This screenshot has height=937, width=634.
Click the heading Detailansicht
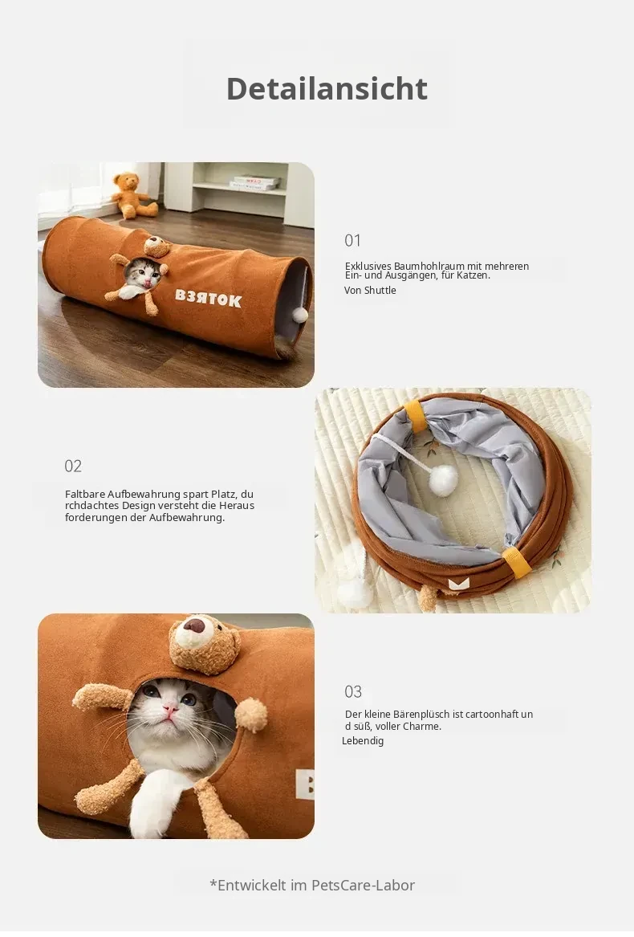coord(327,89)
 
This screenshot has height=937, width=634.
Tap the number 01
coord(352,241)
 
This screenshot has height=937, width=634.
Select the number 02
coord(73,466)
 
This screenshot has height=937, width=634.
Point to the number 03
coord(353,692)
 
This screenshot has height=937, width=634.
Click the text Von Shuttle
coord(370,291)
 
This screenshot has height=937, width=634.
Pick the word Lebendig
coord(363,741)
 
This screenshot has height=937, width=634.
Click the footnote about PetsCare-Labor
coord(312,885)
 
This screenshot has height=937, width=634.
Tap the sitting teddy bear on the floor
coord(134,195)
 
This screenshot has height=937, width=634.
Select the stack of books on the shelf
coord(254,182)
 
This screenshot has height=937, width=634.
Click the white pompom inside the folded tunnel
coord(443,480)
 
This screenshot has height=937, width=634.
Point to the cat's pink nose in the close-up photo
coord(171,709)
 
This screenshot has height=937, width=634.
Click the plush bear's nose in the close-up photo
coord(193,625)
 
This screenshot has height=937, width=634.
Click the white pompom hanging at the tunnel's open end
coord(300,315)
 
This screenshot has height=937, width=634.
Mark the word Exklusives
coord(368,266)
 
